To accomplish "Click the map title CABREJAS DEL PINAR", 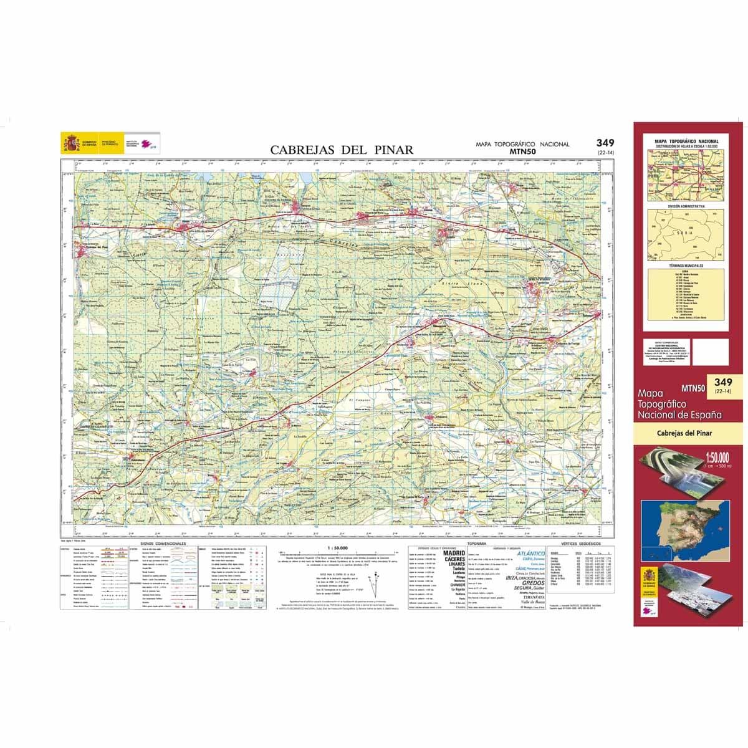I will tap(342, 150).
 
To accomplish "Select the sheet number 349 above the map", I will tap(605, 143).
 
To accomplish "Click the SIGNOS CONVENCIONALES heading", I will tap(164, 544).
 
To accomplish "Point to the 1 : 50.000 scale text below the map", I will tap(337, 547).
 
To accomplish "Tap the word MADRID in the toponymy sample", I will tap(453, 553).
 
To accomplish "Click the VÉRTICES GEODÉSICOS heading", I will tap(578, 544).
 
